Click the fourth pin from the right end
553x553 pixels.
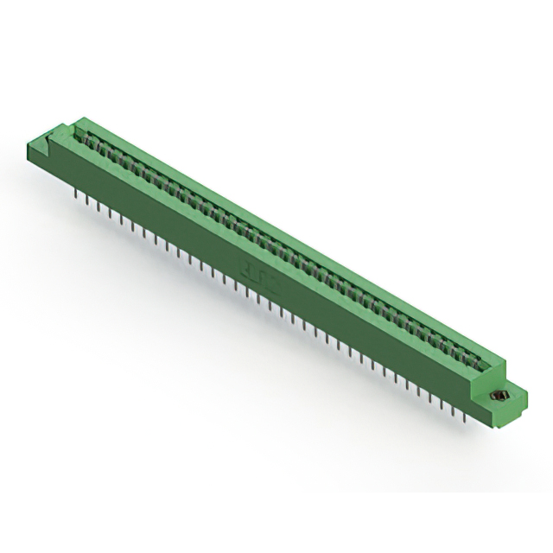pyautogui.click(x=429, y=397)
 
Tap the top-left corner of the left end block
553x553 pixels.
pyautogui.click(x=30, y=143)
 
